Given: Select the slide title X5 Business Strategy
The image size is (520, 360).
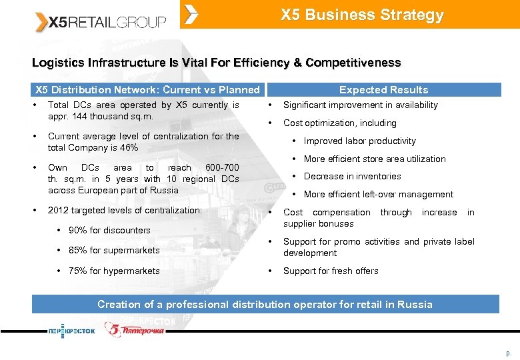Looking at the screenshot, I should click(362, 15).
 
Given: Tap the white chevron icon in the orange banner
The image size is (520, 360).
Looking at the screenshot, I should click(191, 14).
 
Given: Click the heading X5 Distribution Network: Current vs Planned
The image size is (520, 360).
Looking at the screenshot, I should click(147, 89).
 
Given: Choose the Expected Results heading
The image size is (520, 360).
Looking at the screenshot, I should click(383, 89).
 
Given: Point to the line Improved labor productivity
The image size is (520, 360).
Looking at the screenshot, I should click(359, 141).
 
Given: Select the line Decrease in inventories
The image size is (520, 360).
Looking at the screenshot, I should click(352, 176).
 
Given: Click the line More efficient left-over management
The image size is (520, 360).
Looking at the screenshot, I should click(378, 194).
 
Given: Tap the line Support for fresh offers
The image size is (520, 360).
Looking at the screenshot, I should click(331, 271).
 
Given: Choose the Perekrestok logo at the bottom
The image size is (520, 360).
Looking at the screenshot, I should click(71, 330).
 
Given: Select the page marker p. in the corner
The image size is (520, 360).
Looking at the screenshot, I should click(509, 353).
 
